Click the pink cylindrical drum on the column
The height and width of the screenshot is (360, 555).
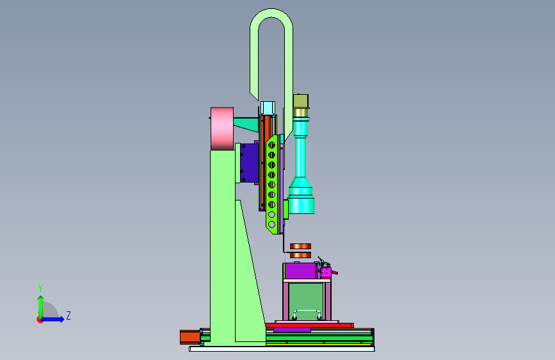(222, 129)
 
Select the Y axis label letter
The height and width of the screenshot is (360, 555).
(40, 288)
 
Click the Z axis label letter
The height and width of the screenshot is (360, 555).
(68, 315)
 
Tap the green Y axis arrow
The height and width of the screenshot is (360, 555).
(41, 307)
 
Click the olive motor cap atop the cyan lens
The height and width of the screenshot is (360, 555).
(300, 101)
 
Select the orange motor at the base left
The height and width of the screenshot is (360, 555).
(189, 337)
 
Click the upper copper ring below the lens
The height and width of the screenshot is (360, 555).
(300, 246)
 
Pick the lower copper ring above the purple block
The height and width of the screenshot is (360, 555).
(300, 255)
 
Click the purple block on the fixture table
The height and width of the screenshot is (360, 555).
(300, 271)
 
